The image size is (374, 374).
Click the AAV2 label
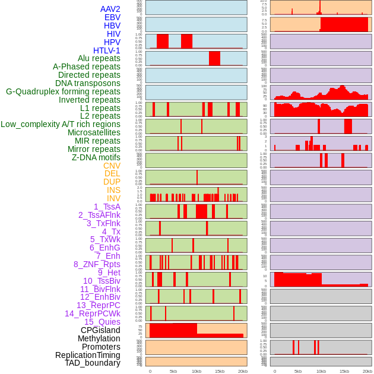[110, 9]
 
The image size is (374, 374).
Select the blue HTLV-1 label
[107, 50]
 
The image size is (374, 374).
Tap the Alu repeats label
[99, 58]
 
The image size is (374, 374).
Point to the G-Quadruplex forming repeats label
[63, 91]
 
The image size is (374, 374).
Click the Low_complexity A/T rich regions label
[61, 124]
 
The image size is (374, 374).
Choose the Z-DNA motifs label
[96, 157]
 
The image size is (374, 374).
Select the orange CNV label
[112, 166]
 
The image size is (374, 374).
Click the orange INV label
[113, 198]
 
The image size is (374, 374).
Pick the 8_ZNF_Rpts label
[97, 264]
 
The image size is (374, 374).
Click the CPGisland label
[100, 330]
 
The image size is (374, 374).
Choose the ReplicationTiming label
[88, 355]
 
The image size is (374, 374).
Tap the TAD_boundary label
[93, 363]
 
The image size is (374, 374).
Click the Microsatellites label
[94, 132]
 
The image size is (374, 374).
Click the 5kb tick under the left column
[173, 371]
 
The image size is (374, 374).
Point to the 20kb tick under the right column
[367, 371]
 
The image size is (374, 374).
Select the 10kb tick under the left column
[196, 371]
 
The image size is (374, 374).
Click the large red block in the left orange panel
[173, 330]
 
